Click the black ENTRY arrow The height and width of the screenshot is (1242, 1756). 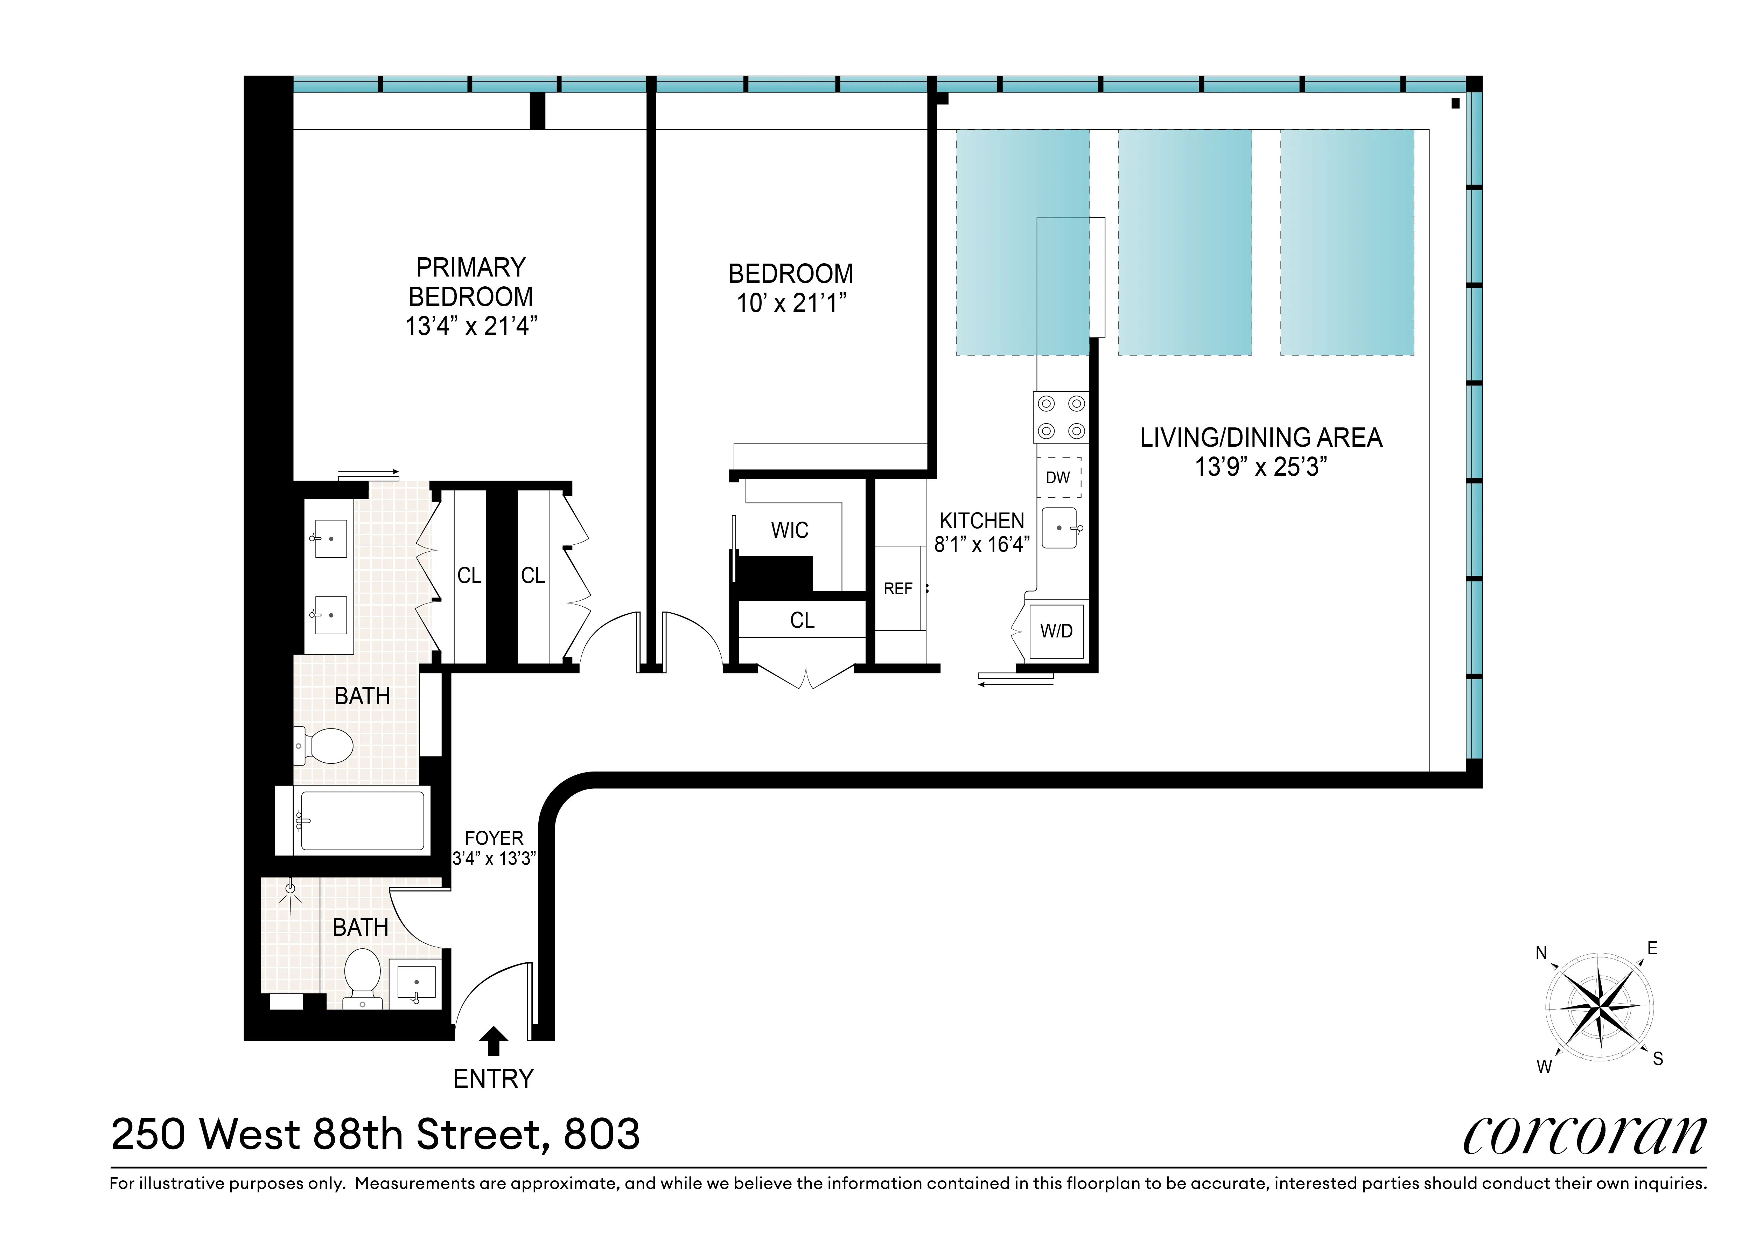click(x=493, y=1042)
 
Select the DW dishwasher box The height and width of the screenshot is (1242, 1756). click(x=1058, y=477)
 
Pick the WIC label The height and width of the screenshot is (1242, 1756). click(x=789, y=530)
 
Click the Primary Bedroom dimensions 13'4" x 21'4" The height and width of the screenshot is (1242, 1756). click(x=471, y=327)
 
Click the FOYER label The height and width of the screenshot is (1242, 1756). click(x=494, y=838)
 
